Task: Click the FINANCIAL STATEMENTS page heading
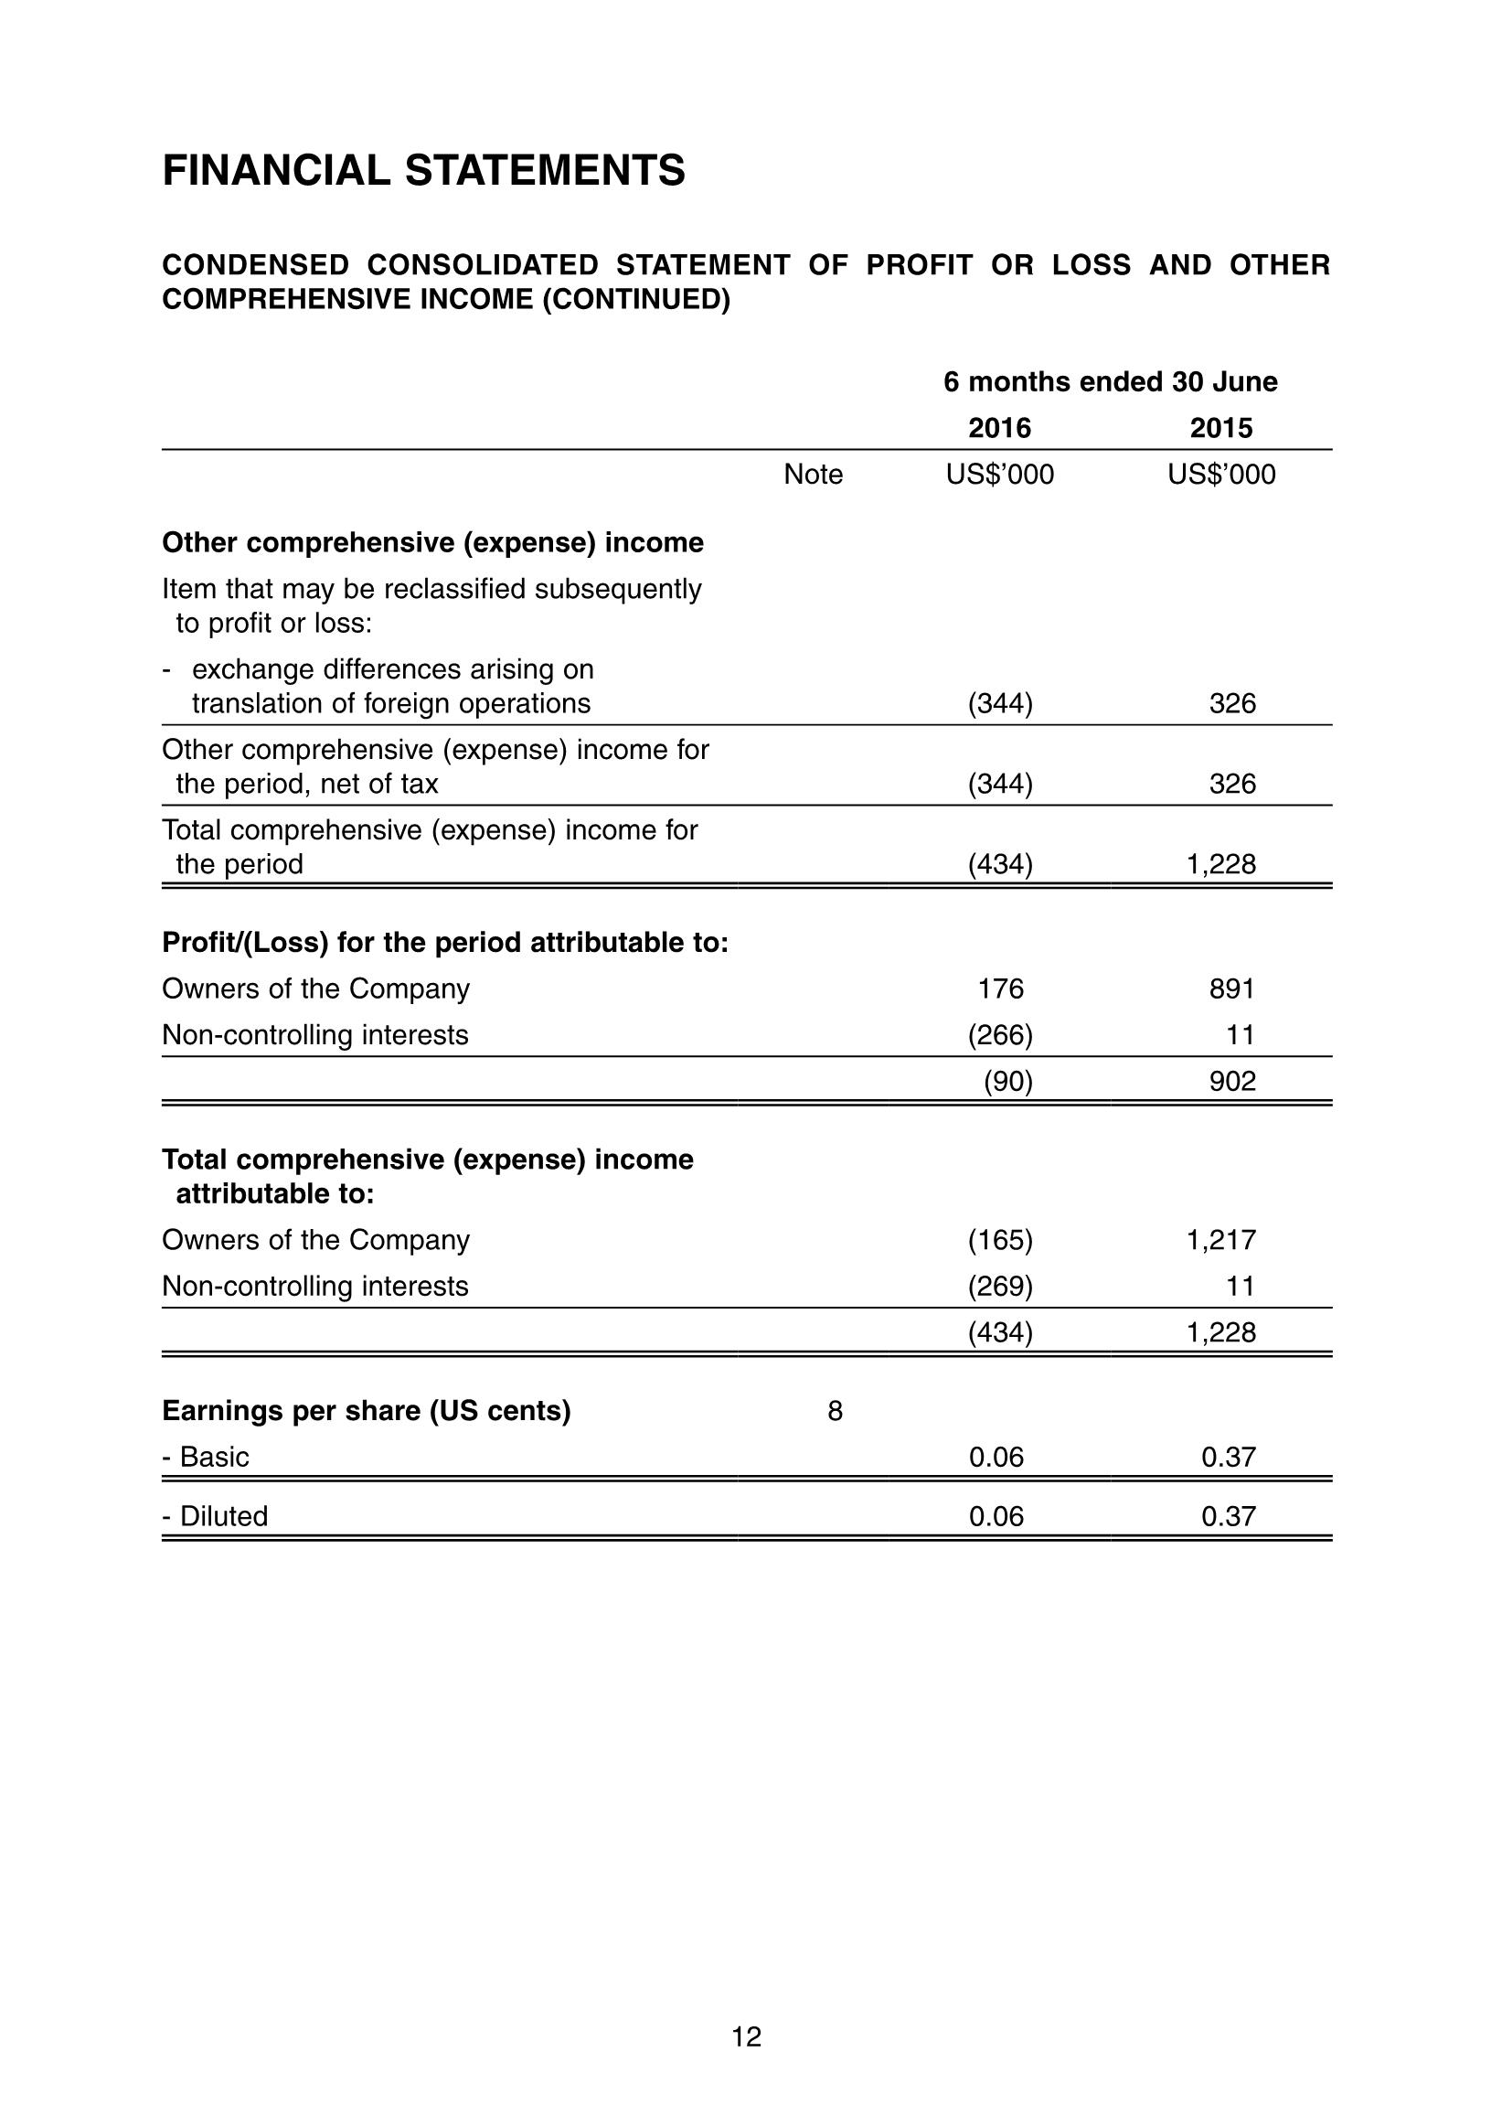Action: (x=423, y=170)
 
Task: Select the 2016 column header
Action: (x=1000, y=428)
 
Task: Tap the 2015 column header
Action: (x=1221, y=428)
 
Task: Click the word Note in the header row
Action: (x=813, y=475)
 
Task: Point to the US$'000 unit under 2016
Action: (x=1000, y=475)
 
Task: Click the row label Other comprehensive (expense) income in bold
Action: (x=432, y=543)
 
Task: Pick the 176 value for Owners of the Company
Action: (x=1001, y=989)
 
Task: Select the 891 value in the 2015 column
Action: (x=1232, y=989)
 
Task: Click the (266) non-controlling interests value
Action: (x=1000, y=1035)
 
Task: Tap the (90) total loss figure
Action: (x=1007, y=1081)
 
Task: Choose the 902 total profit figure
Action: (x=1232, y=1081)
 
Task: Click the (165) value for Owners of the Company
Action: (x=1000, y=1240)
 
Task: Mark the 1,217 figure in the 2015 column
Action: (x=1221, y=1240)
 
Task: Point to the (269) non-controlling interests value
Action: (x=1000, y=1286)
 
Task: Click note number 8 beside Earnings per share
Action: (x=835, y=1411)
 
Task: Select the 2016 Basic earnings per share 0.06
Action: (x=996, y=1457)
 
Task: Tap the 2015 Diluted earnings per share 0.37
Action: (x=1229, y=1516)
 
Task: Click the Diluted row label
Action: (x=215, y=1516)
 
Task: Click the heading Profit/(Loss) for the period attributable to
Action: (x=445, y=943)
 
